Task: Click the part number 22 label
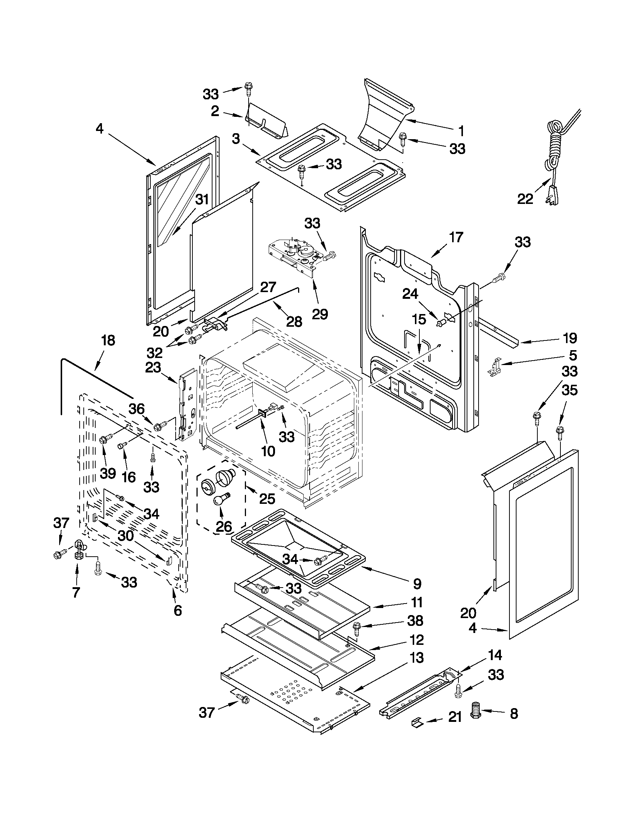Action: [x=525, y=199]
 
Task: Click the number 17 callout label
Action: [x=455, y=237]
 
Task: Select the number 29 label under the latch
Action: [x=320, y=314]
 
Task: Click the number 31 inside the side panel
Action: [x=202, y=199]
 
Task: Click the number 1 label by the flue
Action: [x=461, y=131]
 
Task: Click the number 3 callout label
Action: [x=236, y=139]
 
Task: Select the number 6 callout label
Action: [x=178, y=610]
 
